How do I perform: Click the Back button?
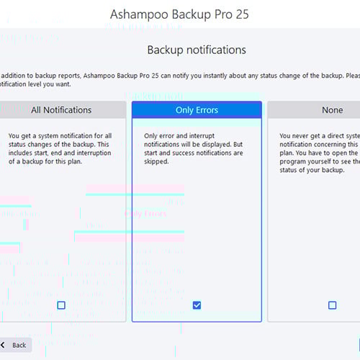tap(14, 345)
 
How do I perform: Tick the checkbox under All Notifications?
tap(61, 305)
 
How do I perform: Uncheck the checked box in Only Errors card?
tap(197, 305)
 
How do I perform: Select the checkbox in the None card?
tap(332, 305)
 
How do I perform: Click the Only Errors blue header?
tap(197, 110)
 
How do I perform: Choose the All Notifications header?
tap(61, 110)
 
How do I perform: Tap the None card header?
tap(332, 110)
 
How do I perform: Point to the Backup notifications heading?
tap(197, 50)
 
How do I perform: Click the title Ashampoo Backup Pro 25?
tap(180, 14)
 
